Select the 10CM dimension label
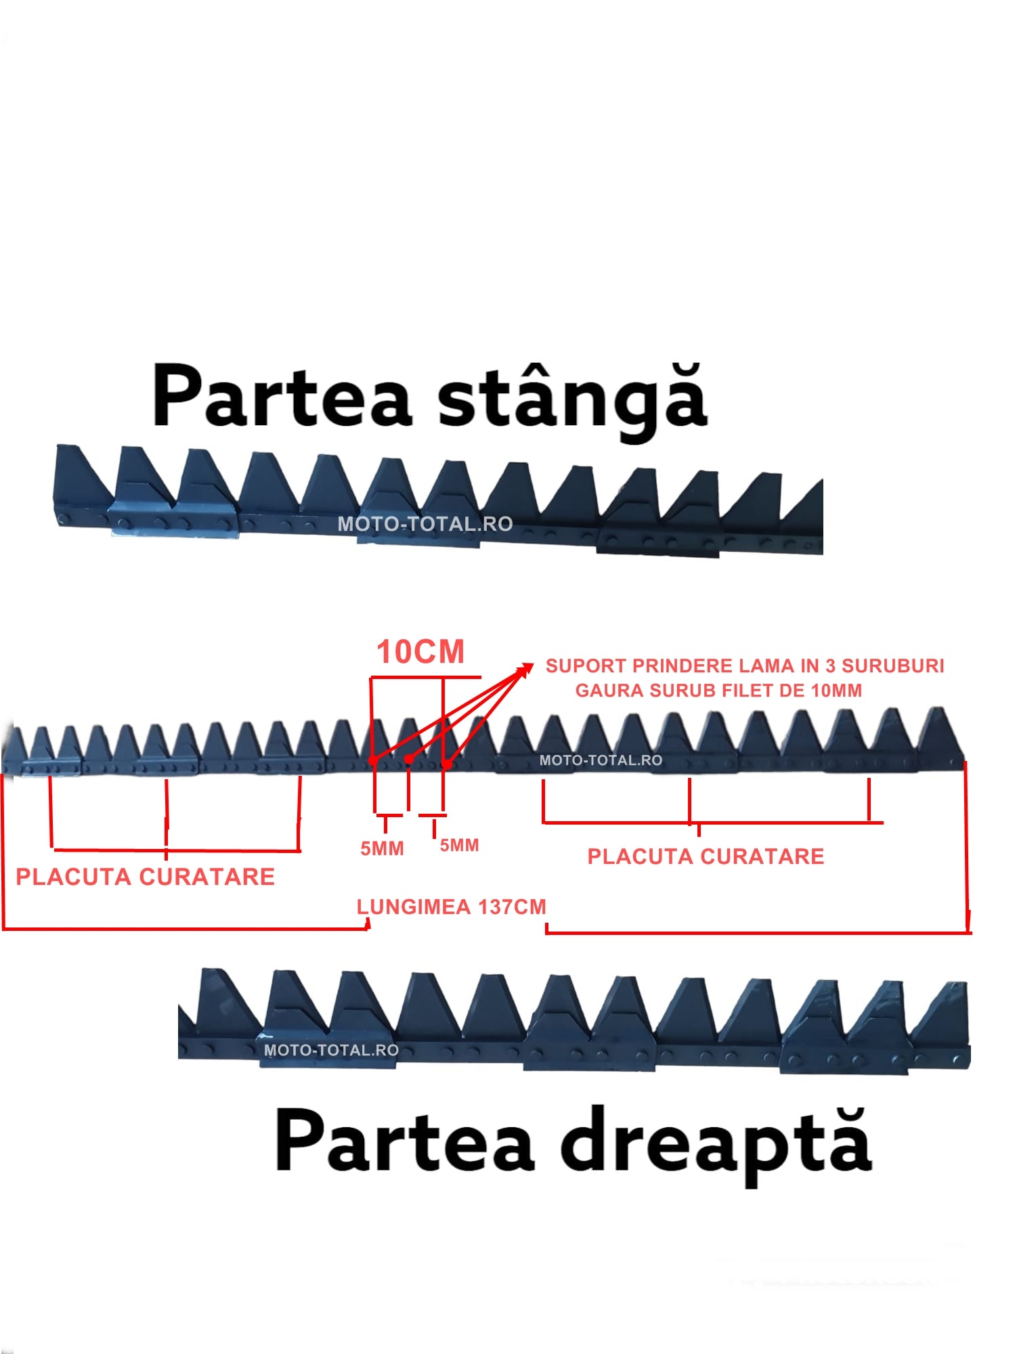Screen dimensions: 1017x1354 click(x=420, y=652)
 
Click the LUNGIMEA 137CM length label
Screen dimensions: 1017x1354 click(x=451, y=907)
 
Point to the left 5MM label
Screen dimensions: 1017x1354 click(x=382, y=848)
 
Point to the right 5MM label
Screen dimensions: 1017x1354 click(x=459, y=845)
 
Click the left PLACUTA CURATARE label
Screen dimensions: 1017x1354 click(x=145, y=877)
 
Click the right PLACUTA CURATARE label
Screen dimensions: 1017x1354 click(x=706, y=856)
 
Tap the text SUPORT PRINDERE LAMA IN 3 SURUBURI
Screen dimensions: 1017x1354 click(x=745, y=666)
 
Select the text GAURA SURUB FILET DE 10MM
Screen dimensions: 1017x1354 click(x=718, y=691)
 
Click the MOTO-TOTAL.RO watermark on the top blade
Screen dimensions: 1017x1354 click(x=425, y=524)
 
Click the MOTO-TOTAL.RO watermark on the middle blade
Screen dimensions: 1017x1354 click(x=601, y=760)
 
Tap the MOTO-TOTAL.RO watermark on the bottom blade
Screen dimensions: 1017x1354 click(x=331, y=1050)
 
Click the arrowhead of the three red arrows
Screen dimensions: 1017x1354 click(x=527, y=669)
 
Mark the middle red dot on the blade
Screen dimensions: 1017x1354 click(x=409, y=759)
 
